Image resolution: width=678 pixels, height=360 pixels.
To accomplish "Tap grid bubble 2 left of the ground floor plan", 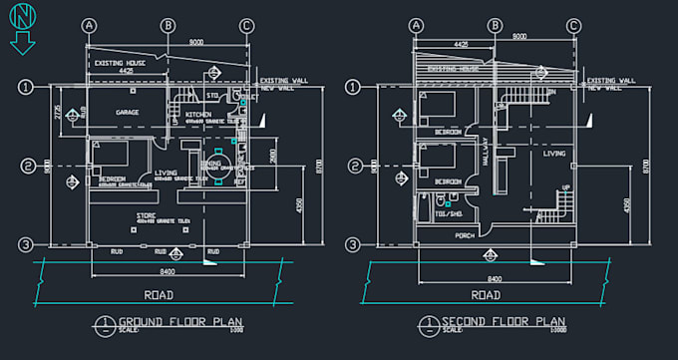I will pyautogui.click(x=29, y=166).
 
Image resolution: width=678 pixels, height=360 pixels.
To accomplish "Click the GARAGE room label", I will pyautogui.click(x=127, y=113).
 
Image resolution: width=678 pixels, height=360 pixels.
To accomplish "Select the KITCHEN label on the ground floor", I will pyautogui.click(x=198, y=115).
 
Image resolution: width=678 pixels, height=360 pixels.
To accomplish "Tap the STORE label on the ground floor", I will pyautogui.click(x=147, y=214).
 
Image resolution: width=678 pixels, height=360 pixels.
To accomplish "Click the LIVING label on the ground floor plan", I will pyautogui.click(x=166, y=173).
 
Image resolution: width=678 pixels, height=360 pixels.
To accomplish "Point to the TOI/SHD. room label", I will pyautogui.click(x=449, y=213).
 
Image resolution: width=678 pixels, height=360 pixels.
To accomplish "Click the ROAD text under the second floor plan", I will pyautogui.click(x=486, y=295).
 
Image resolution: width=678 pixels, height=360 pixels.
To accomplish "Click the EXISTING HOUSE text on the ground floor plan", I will pyautogui.click(x=120, y=63).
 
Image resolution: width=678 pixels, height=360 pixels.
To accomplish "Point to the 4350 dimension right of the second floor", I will pyautogui.click(x=626, y=204).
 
